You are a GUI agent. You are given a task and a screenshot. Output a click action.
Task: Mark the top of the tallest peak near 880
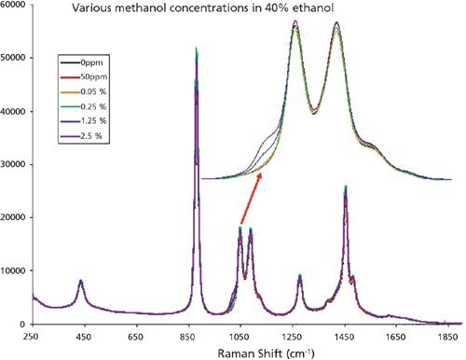click(196, 48)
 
